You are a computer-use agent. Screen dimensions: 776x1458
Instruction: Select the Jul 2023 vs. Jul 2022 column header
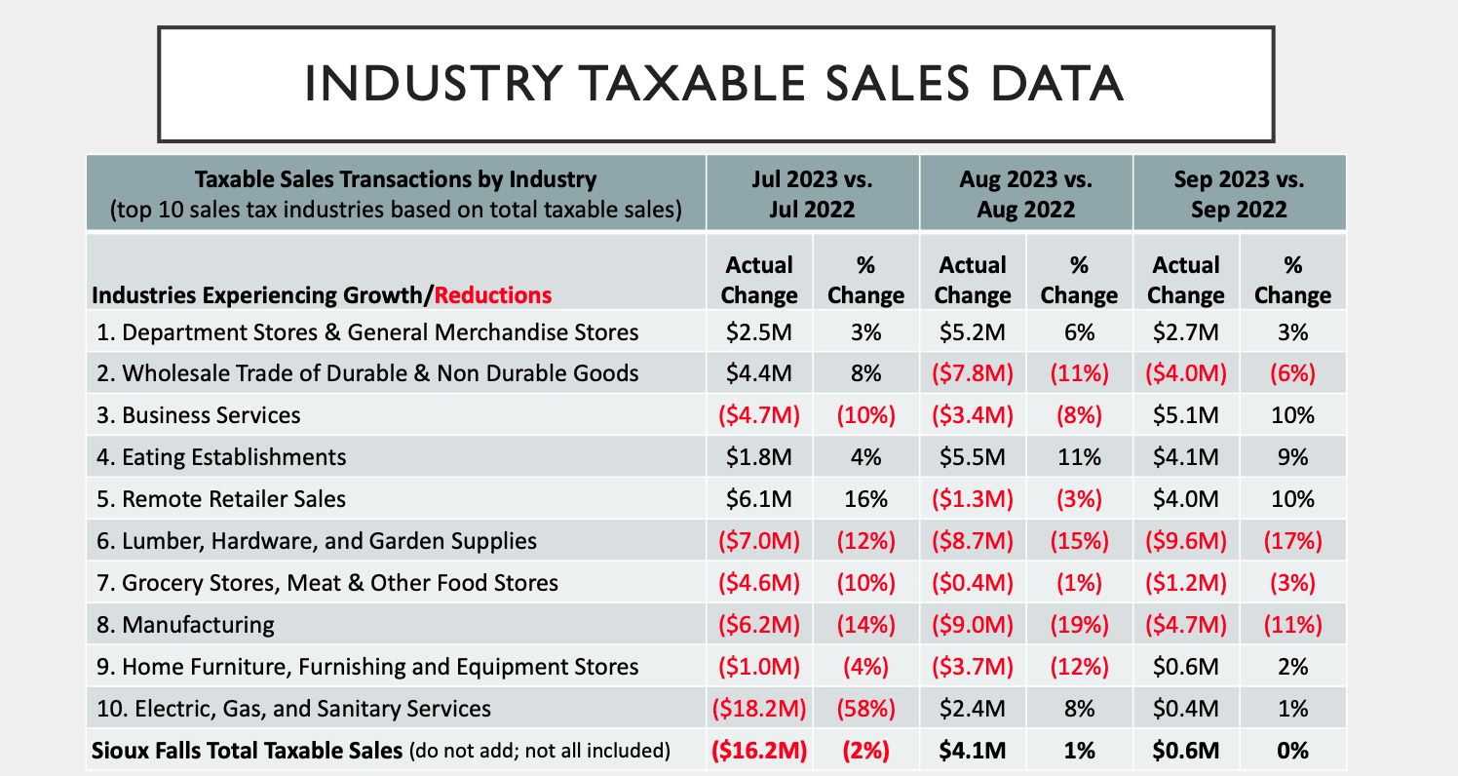[x=812, y=194]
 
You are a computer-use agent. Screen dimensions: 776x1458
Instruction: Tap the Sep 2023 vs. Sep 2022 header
[x=1239, y=194]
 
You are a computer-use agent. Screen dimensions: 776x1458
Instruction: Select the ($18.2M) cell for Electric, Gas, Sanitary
[x=759, y=709]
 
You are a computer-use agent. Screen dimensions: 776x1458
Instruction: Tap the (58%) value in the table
[x=866, y=709]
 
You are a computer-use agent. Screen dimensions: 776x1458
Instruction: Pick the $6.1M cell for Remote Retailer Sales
[x=759, y=499]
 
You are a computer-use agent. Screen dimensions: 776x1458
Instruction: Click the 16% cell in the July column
[x=866, y=499]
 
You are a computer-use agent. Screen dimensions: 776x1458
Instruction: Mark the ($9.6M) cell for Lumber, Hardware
[x=1186, y=541]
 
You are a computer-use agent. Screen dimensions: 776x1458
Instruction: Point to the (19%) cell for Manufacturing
[x=1079, y=625]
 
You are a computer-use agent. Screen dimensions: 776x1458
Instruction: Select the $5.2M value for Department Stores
[x=973, y=332]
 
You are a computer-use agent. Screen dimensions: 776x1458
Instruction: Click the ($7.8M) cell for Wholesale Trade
[x=973, y=373]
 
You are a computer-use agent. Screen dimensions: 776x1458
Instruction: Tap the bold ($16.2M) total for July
[x=759, y=751]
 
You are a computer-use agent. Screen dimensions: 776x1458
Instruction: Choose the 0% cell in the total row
[x=1292, y=751]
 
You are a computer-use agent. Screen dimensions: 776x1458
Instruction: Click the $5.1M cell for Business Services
[x=1186, y=415]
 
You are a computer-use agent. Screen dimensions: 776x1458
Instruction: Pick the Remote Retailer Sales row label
[x=221, y=499]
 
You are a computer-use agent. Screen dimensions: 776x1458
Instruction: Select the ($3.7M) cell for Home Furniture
[x=973, y=667]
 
